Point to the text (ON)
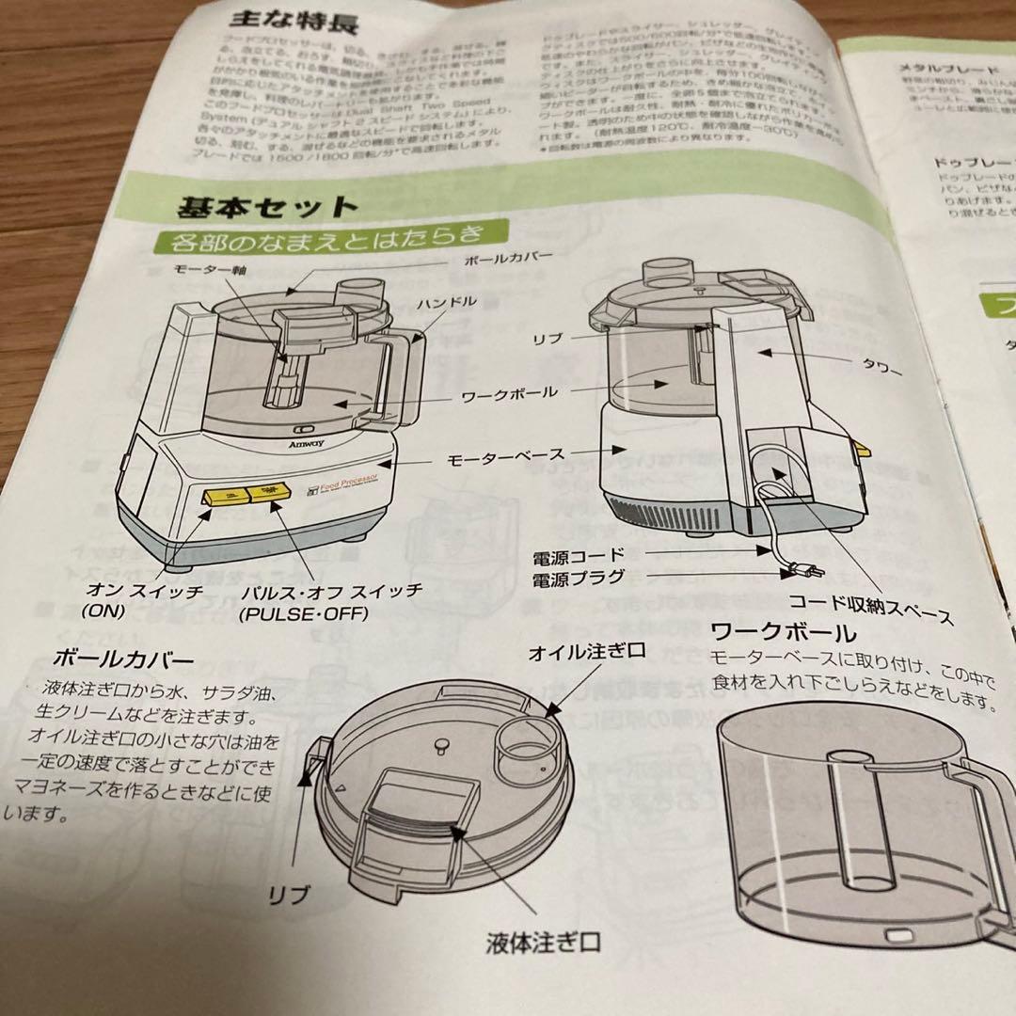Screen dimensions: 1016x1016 103,611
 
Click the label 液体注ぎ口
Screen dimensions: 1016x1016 544,941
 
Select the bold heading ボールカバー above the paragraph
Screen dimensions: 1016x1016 125,659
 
